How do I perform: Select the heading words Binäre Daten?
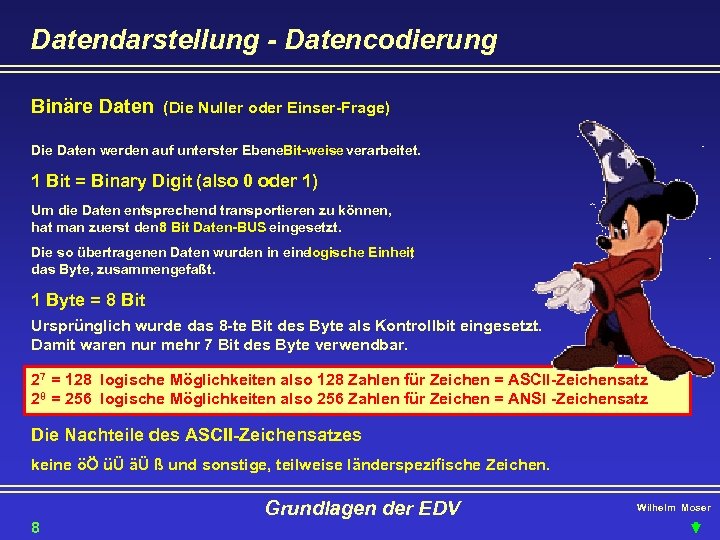pyautogui.click(x=92, y=106)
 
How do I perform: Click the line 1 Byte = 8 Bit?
pyautogui.click(x=89, y=300)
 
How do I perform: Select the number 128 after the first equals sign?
pyautogui.click(x=77, y=381)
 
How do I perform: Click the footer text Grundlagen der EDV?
pyautogui.click(x=362, y=509)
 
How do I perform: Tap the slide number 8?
pyautogui.click(x=35, y=527)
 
